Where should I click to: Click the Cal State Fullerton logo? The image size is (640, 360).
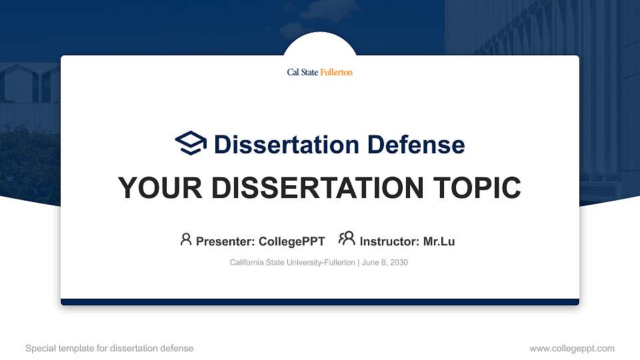pos(319,72)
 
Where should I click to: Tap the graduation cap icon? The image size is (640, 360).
pos(191,143)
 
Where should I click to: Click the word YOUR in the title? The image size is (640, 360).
pos(153,189)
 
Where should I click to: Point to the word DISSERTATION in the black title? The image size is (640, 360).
pos(313,189)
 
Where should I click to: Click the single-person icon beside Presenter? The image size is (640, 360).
pos(186,239)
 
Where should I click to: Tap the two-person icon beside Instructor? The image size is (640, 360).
pos(347,239)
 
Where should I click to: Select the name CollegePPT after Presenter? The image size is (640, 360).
pos(291,241)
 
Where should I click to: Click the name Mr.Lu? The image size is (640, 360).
pos(439,241)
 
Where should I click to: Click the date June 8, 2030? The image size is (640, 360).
pos(385,263)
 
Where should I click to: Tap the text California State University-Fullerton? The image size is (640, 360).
pos(292,263)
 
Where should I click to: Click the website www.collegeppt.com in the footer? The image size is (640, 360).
pos(571,348)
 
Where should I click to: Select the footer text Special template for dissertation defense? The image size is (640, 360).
pos(109,348)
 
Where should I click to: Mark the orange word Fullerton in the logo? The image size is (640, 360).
pos(337,72)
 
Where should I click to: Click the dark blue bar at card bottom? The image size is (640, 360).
pos(320,302)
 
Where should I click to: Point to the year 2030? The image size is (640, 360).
pos(399,263)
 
